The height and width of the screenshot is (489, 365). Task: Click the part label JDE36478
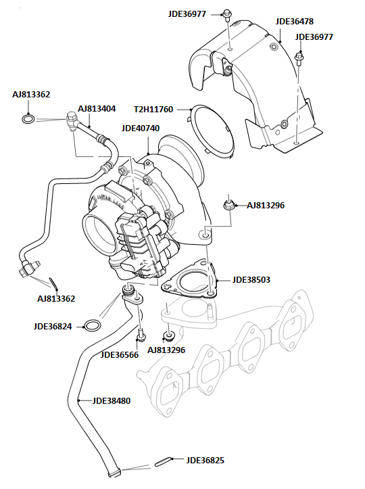[294, 22]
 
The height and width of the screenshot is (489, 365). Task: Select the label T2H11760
[153, 109]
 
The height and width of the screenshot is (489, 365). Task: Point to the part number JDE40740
[141, 128]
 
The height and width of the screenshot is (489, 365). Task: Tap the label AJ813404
[97, 108]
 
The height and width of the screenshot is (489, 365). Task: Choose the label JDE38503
[251, 279]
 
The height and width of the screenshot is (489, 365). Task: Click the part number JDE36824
[52, 326]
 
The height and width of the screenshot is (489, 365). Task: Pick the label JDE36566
[120, 354]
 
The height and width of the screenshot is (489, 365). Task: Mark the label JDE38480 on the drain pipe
[112, 400]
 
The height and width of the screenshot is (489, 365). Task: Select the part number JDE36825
[205, 460]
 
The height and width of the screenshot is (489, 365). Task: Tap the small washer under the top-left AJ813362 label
[28, 120]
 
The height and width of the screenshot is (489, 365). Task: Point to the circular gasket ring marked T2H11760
[212, 132]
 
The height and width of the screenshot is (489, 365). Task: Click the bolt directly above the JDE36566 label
[141, 335]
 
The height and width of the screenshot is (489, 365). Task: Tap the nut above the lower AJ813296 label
[169, 335]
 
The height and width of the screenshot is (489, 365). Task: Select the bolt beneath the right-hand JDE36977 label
[299, 57]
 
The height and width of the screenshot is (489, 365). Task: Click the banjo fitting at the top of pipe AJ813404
[70, 120]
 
